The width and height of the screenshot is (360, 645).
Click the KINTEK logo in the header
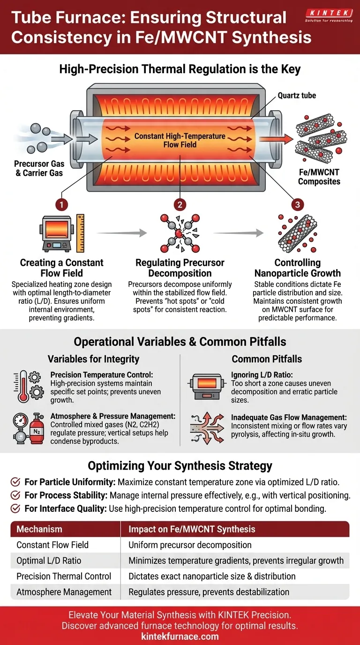(328, 16)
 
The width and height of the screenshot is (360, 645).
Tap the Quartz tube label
(296, 96)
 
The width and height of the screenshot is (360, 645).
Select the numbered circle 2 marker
(180, 204)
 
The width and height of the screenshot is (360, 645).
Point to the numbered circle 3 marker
(297, 204)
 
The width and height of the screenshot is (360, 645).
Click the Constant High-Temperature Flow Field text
(180, 140)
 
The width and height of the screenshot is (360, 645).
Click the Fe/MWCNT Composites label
(319, 177)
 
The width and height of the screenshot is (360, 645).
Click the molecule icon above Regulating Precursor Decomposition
(180, 233)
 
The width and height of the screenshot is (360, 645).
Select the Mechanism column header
(39, 529)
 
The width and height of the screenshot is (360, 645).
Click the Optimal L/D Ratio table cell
(49, 561)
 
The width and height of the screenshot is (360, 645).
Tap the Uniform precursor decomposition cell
(190, 545)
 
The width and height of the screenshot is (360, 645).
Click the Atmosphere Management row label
(64, 592)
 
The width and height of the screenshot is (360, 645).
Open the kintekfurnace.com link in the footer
(180, 637)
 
